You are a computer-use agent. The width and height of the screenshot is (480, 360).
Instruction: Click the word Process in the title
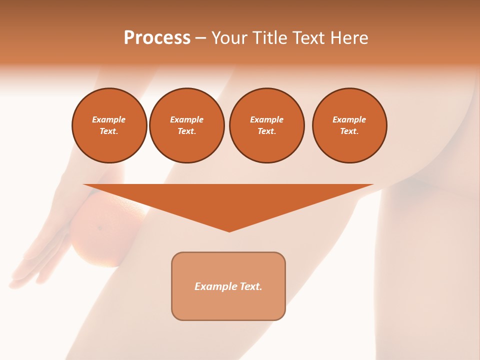(x=157, y=38)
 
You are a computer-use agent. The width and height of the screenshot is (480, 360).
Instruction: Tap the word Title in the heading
(x=268, y=38)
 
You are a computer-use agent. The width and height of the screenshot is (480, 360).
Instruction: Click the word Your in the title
(x=228, y=38)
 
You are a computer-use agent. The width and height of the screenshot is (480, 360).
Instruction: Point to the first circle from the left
(x=109, y=125)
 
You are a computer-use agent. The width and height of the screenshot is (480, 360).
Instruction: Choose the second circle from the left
(x=186, y=125)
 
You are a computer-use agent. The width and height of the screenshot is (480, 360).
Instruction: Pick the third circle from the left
(x=266, y=125)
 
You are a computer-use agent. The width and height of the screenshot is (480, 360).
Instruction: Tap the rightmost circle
(x=349, y=125)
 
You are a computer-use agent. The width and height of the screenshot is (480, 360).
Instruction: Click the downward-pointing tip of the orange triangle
(x=229, y=230)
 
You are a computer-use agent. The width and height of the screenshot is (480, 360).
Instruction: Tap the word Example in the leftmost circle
(x=109, y=119)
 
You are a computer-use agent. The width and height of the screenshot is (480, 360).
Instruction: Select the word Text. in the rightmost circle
(x=349, y=131)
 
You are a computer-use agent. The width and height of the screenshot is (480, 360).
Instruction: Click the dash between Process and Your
(x=200, y=38)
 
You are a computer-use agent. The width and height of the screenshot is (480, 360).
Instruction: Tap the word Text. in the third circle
(x=266, y=131)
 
